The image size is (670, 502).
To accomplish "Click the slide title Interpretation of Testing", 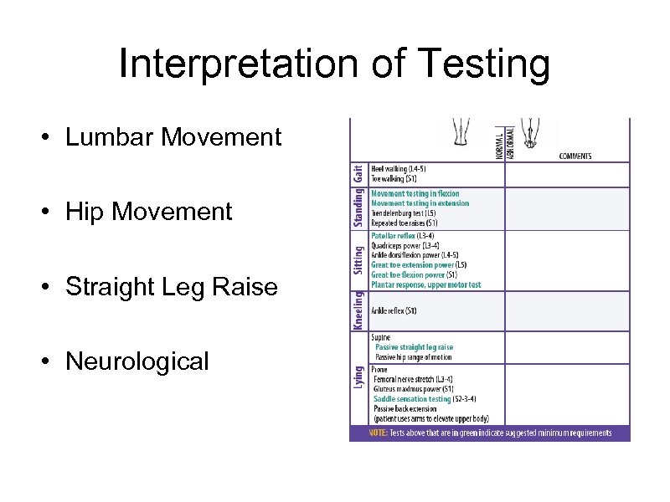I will [334, 64].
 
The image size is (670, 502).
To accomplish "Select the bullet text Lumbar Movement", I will [173, 137].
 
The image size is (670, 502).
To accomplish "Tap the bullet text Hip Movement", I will [148, 212].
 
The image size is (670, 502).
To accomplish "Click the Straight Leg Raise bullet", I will [171, 287].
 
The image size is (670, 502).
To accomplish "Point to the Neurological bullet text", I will [137, 361].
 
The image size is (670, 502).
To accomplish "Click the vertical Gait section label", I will [358, 174].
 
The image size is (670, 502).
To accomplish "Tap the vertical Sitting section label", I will [358, 260].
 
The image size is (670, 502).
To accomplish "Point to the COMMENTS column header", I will [575, 156].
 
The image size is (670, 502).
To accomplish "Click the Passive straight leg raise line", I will [414, 347].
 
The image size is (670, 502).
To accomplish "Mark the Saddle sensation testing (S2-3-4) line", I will [423, 399].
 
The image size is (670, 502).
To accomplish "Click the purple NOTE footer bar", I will [489, 433].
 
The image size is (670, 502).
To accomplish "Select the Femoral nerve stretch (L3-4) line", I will [419, 379].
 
